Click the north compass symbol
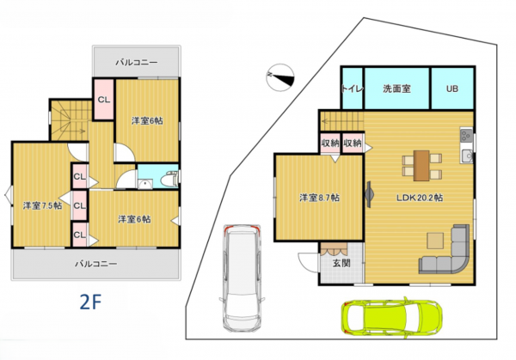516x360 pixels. (280, 77)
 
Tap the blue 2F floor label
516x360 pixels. (90, 302)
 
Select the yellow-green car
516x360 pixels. (391, 316)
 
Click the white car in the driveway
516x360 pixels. (242, 278)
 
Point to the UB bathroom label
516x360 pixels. (452, 88)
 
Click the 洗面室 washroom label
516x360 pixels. (396, 88)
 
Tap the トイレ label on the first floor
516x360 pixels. (352, 88)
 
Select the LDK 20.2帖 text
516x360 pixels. (420, 198)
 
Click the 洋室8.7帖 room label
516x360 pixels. (319, 198)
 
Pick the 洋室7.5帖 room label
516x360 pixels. (42, 206)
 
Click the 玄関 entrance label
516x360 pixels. (341, 263)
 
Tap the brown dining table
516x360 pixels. (421, 166)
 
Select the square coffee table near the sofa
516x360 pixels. (435, 241)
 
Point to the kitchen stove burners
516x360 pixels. (466, 135)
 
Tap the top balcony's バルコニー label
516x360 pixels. (137, 62)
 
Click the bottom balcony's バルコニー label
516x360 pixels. (95, 264)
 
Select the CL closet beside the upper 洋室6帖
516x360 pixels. (104, 100)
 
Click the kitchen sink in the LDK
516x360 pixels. (467, 156)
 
